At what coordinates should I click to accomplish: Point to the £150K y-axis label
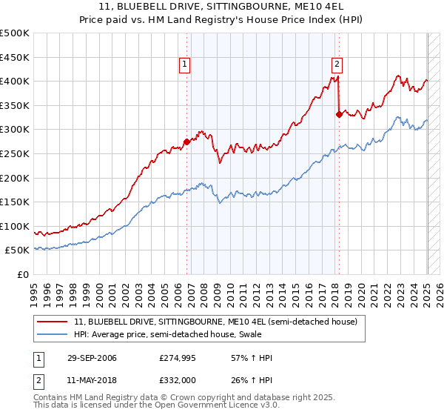point(15,202)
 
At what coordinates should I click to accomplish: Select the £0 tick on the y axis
point(24,274)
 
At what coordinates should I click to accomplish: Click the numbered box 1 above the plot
point(184,64)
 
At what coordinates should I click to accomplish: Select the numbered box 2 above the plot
point(337,64)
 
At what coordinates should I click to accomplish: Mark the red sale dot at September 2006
point(186,142)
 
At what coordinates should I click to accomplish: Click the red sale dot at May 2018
point(339,114)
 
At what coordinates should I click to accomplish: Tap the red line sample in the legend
point(53,322)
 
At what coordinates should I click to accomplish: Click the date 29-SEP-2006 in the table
point(91,358)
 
